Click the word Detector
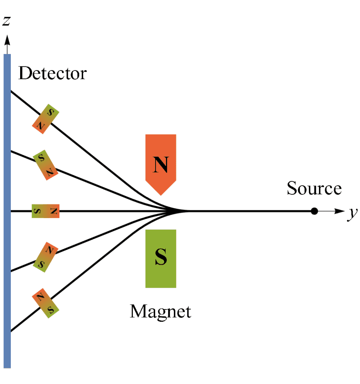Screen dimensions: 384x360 pos(52,73)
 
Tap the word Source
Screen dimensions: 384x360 pos(314,188)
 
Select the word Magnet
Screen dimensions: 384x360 pos(160,311)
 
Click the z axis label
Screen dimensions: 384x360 pos(6,21)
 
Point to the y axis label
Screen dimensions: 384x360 pos(351,215)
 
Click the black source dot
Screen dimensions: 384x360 pos(314,211)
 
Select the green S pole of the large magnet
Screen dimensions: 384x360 pos(160,258)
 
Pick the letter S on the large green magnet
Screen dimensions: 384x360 pos(160,258)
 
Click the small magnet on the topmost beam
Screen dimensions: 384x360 pos(46,119)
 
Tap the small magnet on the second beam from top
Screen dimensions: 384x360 pos(46,165)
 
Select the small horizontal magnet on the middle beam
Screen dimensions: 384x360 pos(46,211)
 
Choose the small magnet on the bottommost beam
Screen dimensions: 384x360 pos(46,303)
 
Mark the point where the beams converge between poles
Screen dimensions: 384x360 pos(179,211)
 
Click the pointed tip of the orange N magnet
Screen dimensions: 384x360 pos(160,194)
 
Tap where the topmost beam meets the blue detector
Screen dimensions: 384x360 pos(11,91)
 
